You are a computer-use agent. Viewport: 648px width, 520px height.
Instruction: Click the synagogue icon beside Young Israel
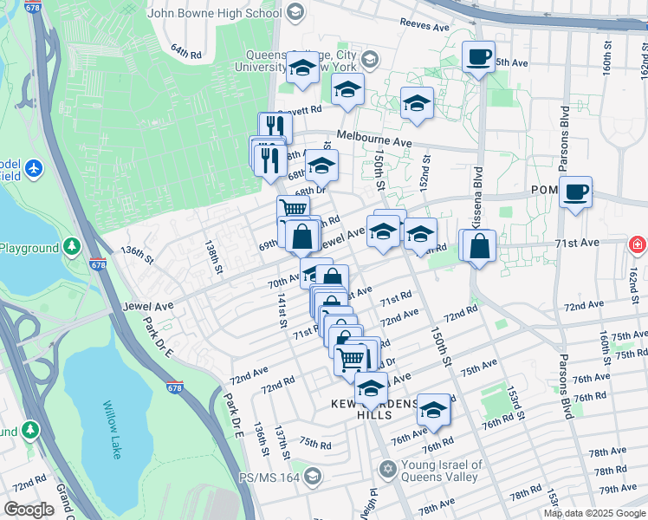(388, 470)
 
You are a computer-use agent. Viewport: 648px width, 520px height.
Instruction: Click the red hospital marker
(638, 245)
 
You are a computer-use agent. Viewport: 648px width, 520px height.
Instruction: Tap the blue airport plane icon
(34, 167)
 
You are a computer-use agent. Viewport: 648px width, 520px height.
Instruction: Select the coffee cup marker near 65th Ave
(478, 58)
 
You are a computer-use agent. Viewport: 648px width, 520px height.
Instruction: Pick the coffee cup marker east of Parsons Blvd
(575, 192)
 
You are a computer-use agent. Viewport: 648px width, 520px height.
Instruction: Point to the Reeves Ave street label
(426, 26)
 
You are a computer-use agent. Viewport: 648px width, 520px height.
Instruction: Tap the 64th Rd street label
(185, 52)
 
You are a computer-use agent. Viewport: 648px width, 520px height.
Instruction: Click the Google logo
(29, 510)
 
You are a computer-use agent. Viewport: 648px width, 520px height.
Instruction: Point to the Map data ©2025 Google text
(594, 513)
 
